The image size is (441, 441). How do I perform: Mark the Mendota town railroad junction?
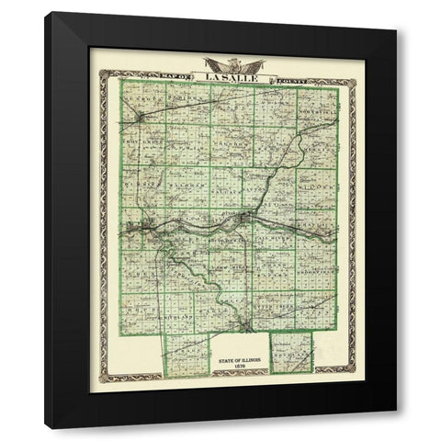click(x=139, y=117)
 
